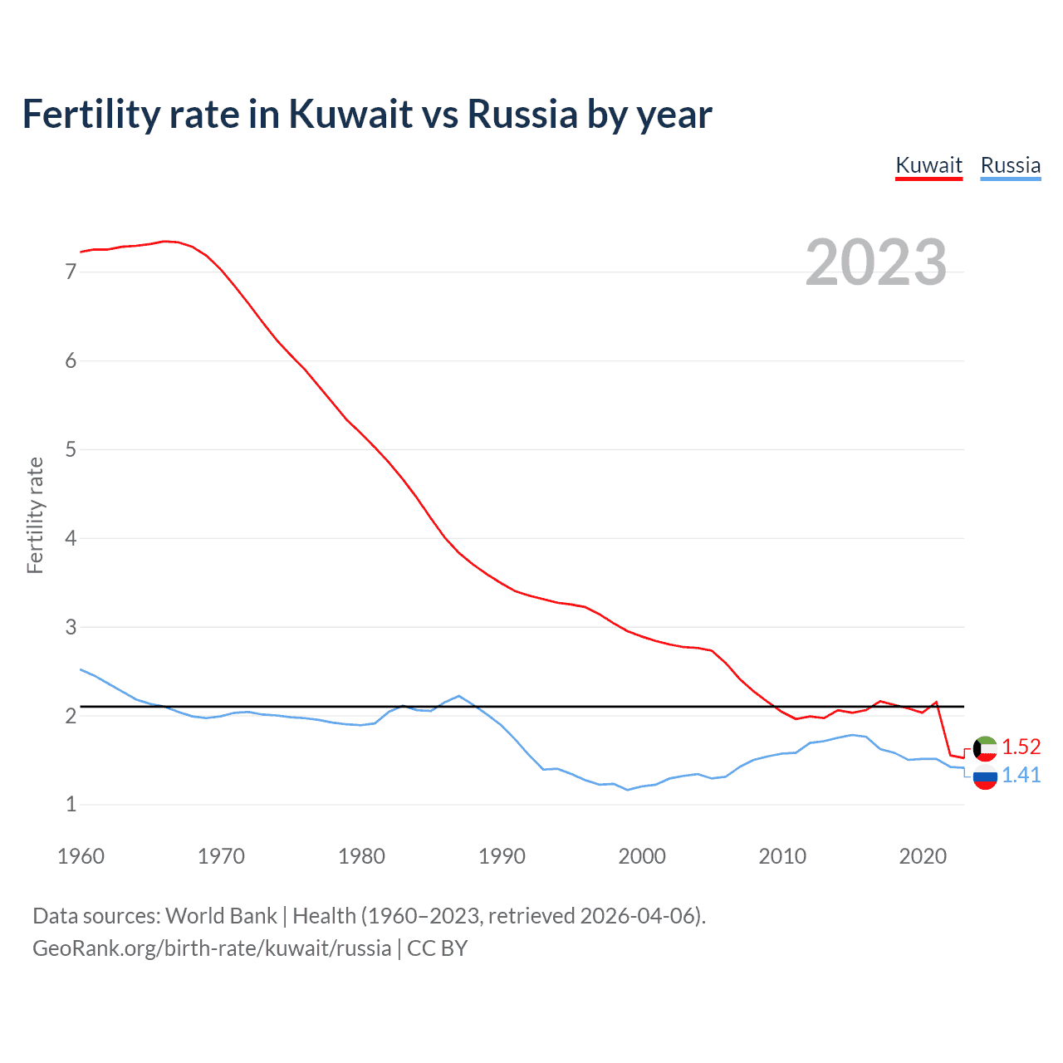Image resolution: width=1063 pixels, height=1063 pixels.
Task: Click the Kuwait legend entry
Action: tap(928, 165)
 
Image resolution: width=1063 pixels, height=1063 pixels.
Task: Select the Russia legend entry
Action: tap(1010, 165)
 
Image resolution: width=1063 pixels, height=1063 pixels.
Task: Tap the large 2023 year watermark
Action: tap(876, 262)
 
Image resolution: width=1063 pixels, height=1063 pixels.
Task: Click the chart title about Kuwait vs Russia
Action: tap(366, 114)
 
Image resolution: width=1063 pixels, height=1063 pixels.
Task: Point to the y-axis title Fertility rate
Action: tap(35, 515)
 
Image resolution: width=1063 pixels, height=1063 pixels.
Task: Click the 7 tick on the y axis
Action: tap(71, 272)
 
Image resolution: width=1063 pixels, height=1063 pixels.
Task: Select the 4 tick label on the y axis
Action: tap(71, 538)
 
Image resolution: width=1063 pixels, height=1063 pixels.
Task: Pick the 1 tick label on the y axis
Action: tap(71, 804)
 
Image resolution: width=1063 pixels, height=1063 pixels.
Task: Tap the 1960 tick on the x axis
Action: tap(81, 856)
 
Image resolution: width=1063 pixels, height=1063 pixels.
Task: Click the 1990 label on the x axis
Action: tap(502, 856)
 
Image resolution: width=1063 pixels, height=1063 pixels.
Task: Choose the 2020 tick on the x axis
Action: tap(923, 856)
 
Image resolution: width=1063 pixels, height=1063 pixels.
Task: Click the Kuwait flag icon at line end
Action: tap(985, 748)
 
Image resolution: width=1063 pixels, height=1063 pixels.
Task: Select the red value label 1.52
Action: tap(1021, 747)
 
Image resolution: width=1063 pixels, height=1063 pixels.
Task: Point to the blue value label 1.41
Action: tap(1021, 775)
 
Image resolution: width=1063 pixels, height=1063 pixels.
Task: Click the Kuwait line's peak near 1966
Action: tap(164, 241)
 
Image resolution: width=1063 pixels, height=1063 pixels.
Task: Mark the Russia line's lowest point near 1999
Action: tap(628, 790)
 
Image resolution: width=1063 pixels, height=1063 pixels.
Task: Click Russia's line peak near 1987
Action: tap(459, 696)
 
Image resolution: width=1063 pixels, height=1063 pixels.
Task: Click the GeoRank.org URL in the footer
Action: tap(212, 948)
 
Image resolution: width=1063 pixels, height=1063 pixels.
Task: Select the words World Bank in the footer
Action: tap(221, 916)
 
